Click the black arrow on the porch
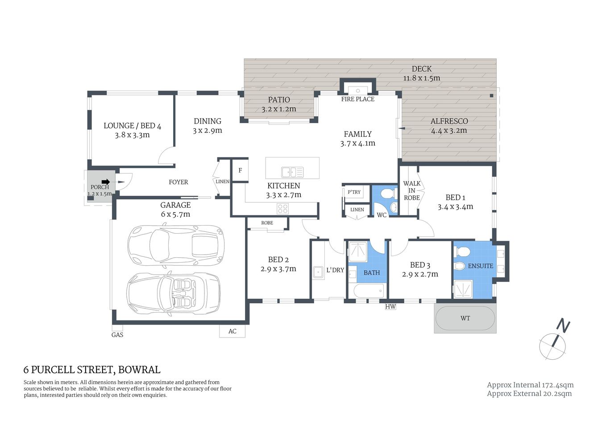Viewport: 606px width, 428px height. (x=105, y=181)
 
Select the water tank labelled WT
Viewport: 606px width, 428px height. (x=465, y=318)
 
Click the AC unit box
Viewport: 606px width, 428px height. (x=232, y=331)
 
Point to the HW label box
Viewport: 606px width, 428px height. (x=390, y=307)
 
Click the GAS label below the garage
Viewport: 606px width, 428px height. (x=117, y=335)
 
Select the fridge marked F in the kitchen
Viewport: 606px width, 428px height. (x=240, y=171)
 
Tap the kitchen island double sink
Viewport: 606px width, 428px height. (x=292, y=172)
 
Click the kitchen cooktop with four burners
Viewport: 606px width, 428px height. (x=282, y=208)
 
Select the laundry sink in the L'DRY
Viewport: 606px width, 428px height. (x=318, y=272)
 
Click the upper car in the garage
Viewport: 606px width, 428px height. (x=175, y=245)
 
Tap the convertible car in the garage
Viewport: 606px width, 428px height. (x=174, y=293)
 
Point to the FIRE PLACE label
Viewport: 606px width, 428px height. (x=357, y=99)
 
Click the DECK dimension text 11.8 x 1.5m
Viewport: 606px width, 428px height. (x=421, y=78)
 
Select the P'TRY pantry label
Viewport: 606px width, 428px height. (x=354, y=192)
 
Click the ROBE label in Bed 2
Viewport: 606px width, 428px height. (x=267, y=223)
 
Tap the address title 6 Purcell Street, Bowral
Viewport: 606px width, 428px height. (x=92, y=370)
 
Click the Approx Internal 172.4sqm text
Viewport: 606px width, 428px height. (x=530, y=385)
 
